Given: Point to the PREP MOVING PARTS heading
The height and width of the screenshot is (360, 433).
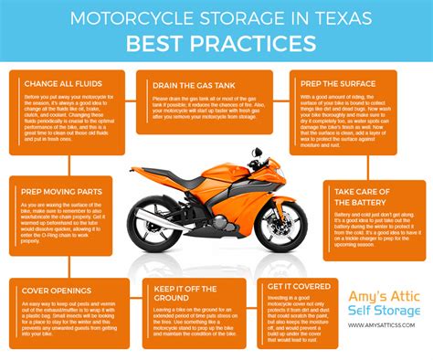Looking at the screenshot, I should pos(60,192).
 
